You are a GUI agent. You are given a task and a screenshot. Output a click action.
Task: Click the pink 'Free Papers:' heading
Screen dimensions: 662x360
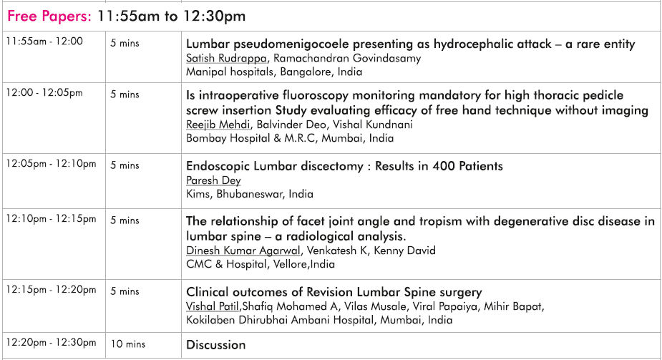click(x=49, y=16)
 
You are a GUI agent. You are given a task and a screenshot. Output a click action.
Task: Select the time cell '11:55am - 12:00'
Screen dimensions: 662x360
click(x=44, y=42)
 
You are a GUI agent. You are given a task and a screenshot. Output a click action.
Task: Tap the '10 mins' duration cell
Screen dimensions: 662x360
click(x=128, y=344)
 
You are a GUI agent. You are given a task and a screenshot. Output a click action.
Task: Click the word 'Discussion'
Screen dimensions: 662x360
click(x=215, y=345)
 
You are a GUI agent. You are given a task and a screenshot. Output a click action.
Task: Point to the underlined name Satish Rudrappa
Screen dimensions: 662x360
click(x=226, y=58)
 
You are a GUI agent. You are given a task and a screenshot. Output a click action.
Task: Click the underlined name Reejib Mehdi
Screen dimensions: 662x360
click(x=218, y=125)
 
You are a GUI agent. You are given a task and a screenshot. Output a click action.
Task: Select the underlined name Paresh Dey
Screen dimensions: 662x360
click(x=213, y=180)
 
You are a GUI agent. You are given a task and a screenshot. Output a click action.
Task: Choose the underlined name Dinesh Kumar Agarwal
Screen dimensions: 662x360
click(x=243, y=250)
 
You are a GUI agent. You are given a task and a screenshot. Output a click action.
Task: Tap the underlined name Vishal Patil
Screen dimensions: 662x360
click(x=213, y=306)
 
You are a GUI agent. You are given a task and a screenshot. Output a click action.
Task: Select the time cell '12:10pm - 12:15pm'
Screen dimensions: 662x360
click(x=51, y=219)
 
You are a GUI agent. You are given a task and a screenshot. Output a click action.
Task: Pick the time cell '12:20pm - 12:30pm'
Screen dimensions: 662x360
click(x=51, y=342)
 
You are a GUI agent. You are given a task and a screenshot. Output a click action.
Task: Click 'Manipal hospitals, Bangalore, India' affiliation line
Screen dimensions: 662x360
click(x=274, y=72)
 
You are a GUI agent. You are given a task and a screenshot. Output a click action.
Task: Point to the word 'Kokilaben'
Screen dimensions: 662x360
click(x=210, y=320)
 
